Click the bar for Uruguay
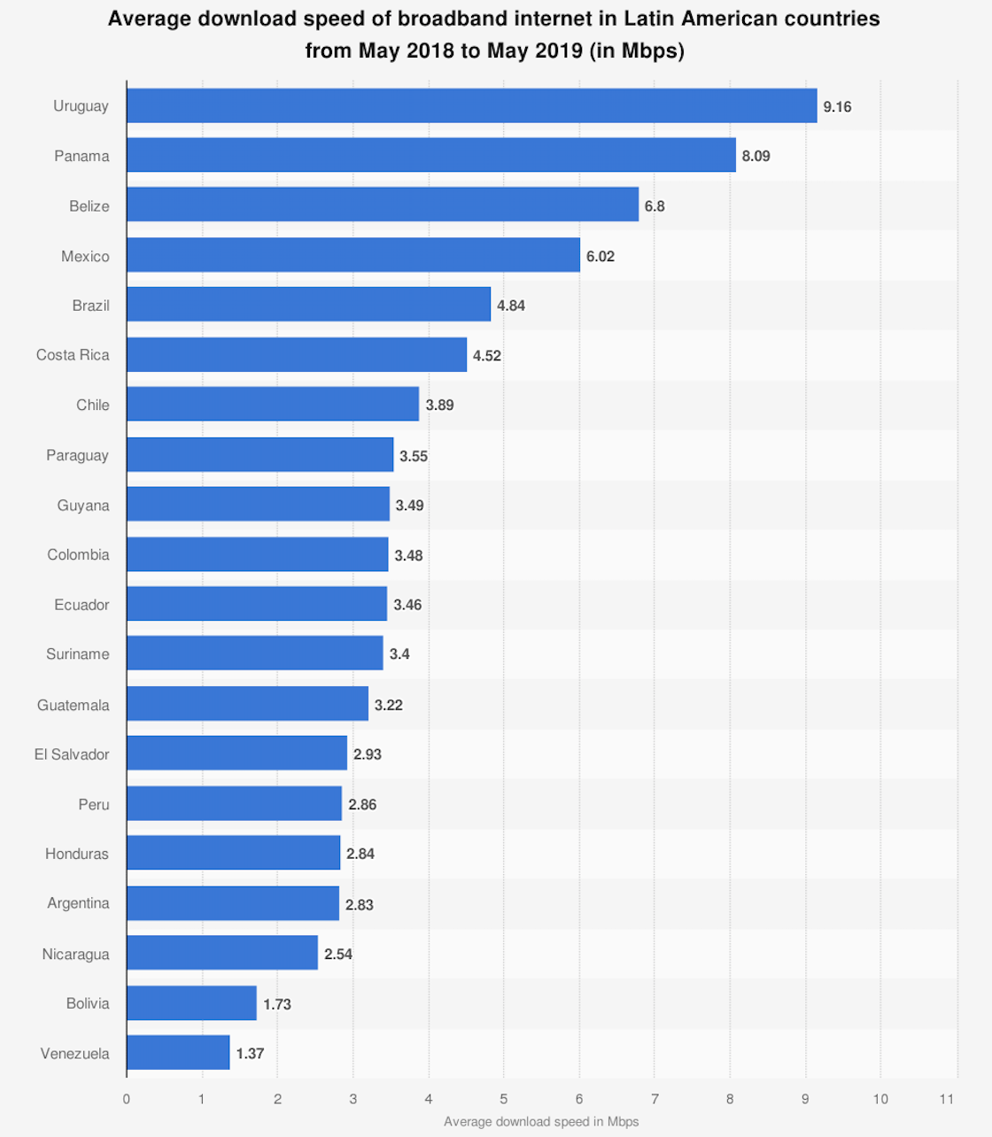click(471, 106)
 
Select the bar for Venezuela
click(178, 1053)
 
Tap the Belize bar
click(383, 205)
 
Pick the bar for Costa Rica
click(297, 355)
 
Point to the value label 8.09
click(756, 156)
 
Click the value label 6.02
click(600, 256)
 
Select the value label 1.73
click(276, 1004)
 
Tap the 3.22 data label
click(388, 705)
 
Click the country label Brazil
click(90, 306)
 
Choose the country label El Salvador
click(72, 754)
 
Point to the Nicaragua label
click(75, 954)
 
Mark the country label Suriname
click(78, 654)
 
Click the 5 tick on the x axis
click(504, 1099)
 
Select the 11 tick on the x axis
click(947, 1099)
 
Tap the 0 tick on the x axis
click(127, 1099)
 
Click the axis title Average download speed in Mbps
click(541, 1122)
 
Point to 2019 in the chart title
click(557, 50)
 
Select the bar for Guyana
click(258, 505)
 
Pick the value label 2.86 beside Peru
click(361, 805)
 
